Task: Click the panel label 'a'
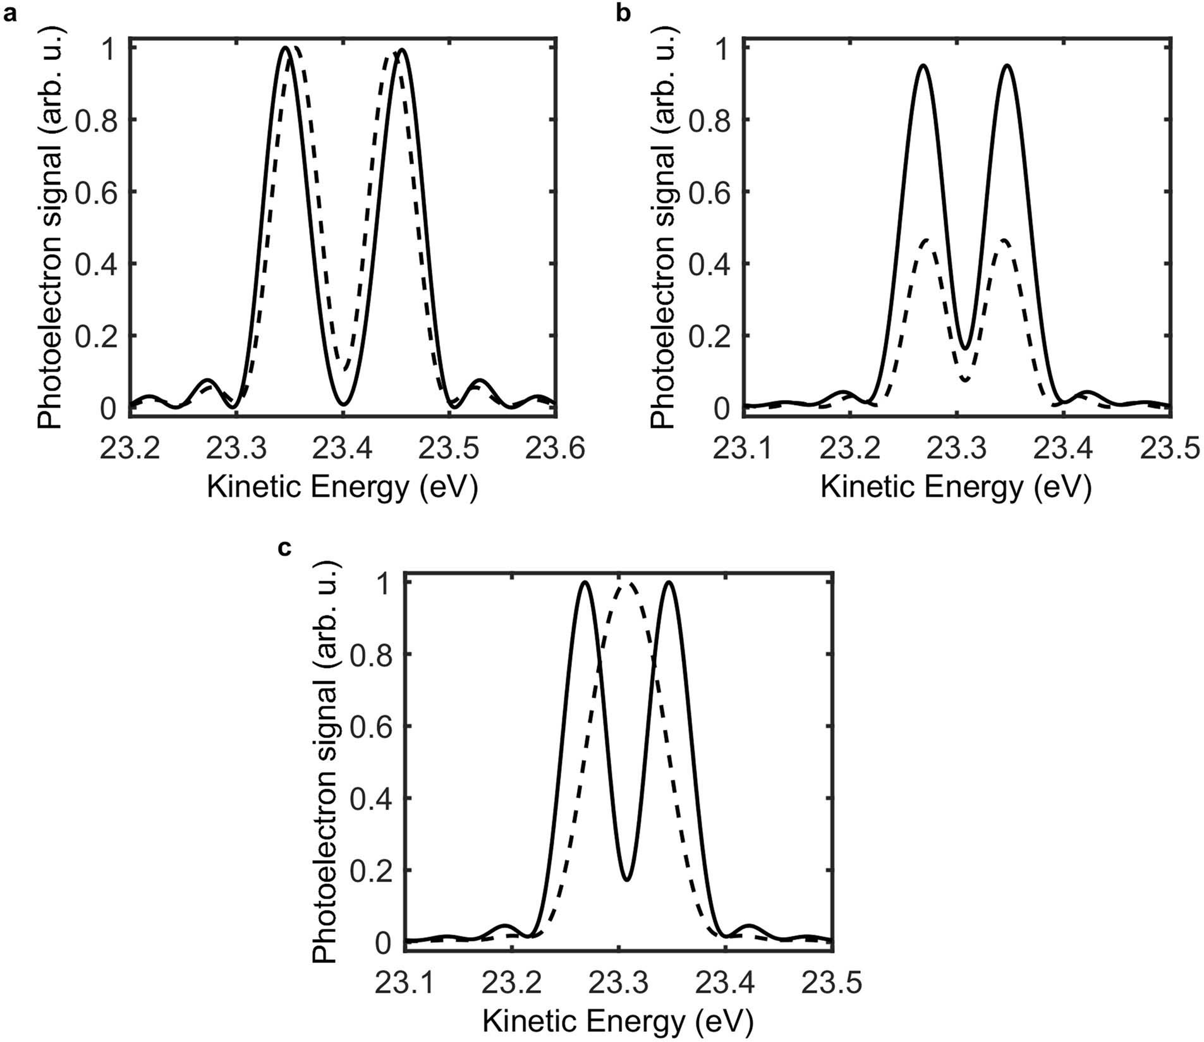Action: [x=9, y=14]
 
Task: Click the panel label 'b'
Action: [x=623, y=14]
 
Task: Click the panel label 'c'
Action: [x=285, y=548]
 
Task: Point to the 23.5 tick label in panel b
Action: [x=1171, y=450]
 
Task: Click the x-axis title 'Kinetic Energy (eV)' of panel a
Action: [x=342, y=488]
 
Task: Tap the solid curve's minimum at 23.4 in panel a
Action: [x=343, y=404]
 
